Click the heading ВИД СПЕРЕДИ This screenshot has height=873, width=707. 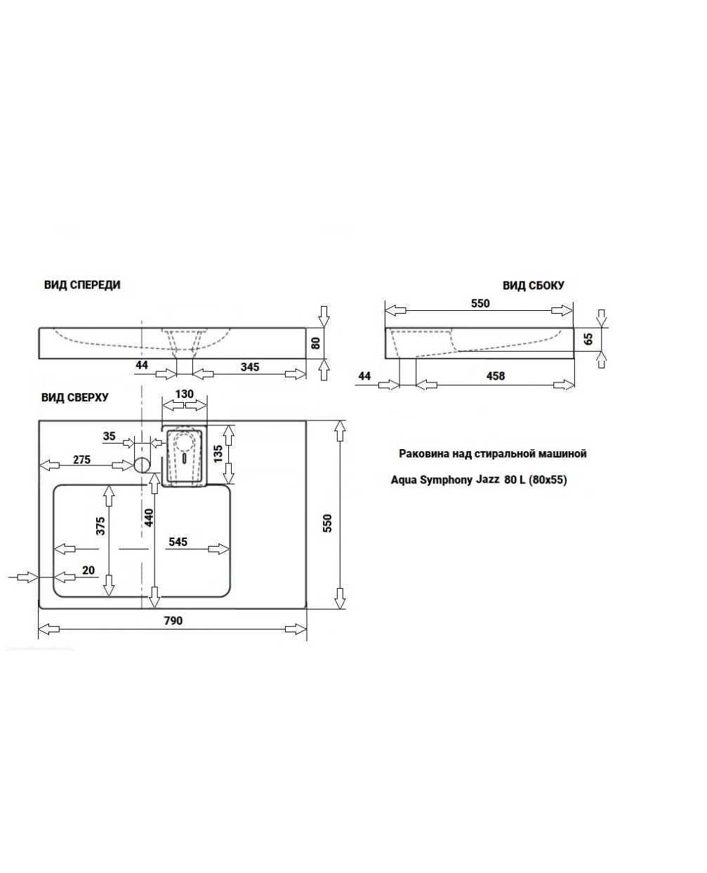click(x=82, y=285)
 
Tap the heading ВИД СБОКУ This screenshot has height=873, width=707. click(x=533, y=286)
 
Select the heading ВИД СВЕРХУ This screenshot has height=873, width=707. click(x=75, y=398)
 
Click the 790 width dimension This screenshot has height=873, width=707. click(x=173, y=620)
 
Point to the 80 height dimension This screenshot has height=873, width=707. click(x=315, y=343)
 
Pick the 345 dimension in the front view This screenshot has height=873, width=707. click(x=250, y=367)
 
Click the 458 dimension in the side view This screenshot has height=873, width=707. click(x=496, y=376)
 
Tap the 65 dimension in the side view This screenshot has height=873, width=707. click(x=588, y=339)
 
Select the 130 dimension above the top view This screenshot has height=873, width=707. click(x=184, y=394)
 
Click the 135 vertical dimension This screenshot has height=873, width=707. click(x=218, y=454)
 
